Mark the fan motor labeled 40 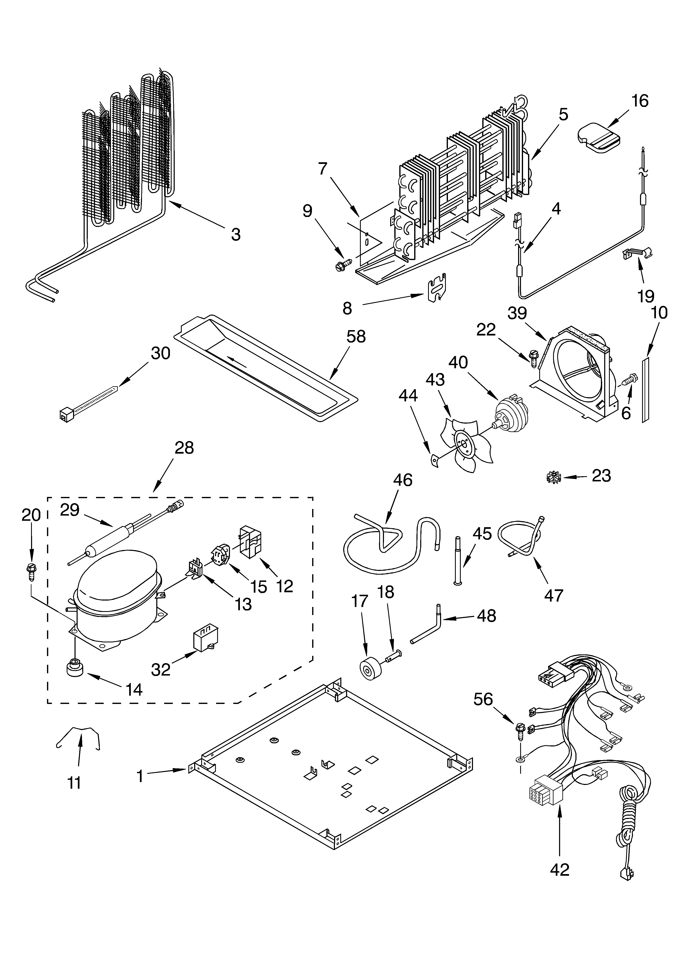click(x=511, y=415)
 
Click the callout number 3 click(x=236, y=234)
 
